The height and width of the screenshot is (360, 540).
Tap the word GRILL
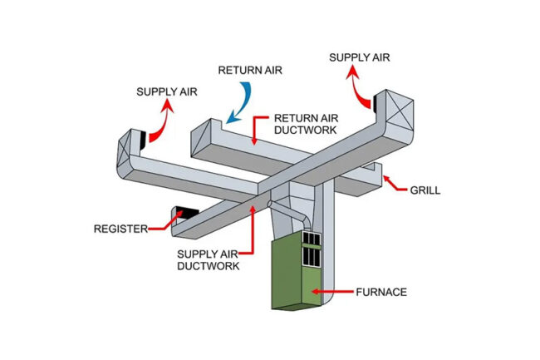pyautogui.click(x=425, y=190)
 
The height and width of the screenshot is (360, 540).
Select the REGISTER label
pyautogui.click(x=120, y=227)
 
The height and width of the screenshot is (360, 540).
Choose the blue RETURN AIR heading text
pyautogui.click(x=251, y=70)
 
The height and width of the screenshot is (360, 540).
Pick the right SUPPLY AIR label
pyautogui.click(x=357, y=57)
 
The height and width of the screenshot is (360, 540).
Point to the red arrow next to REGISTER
pyautogui.click(x=163, y=223)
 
